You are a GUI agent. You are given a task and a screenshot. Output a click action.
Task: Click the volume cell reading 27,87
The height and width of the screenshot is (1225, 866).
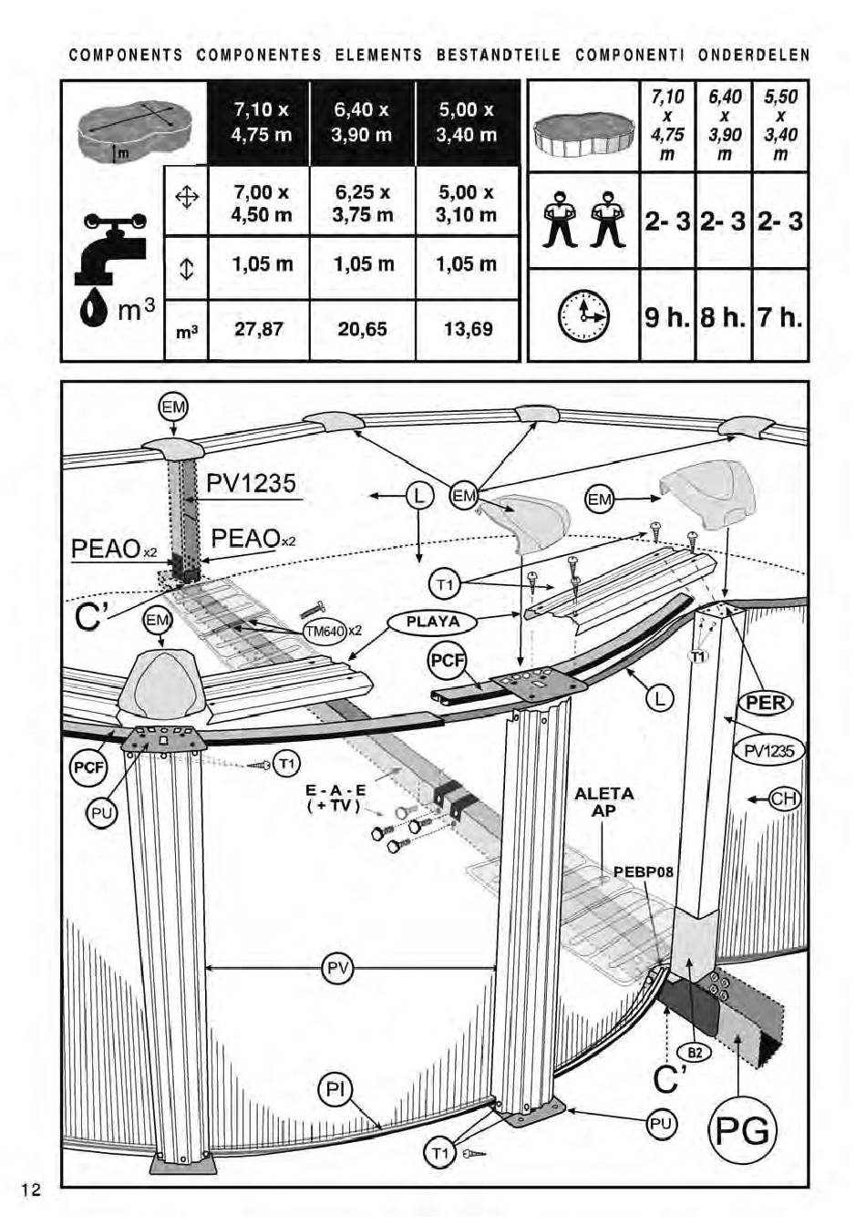pyautogui.click(x=258, y=329)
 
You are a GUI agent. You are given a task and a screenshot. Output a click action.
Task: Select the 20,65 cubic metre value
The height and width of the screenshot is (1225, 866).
pyautogui.click(x=362, y=329)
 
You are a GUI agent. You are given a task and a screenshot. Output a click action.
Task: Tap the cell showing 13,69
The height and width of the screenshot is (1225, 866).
pyautogui.click(x=468, y=329)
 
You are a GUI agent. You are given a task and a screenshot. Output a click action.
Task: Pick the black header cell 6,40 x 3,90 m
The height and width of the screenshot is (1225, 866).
pyautogui.click(x=362, y=122)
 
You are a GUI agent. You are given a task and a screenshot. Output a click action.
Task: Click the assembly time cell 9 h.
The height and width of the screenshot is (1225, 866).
pyautogui.click(x=667, y=317)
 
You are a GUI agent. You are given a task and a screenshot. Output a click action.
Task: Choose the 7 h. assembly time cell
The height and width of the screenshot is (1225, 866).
pyautogui.click(x=780, y=317)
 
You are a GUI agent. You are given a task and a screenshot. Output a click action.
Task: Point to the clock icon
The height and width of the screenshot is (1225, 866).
pyautogui.click(x=582, y=316)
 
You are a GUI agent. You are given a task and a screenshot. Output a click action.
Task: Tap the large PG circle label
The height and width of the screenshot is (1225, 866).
pyautogui.click(x=742, y=1130)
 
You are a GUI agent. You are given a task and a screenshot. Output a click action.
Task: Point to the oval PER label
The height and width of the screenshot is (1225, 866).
pyautogui.click(x=766, y=702)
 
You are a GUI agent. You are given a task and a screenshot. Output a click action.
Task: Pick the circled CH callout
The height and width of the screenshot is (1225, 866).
pyautogui.click(x=784, y=800)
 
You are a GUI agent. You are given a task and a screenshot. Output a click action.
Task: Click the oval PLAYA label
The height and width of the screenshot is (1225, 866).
pyautogui.click(x=433, y=623)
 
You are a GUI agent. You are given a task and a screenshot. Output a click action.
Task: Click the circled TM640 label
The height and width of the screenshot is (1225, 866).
pyautogui.click(x=325, y=631)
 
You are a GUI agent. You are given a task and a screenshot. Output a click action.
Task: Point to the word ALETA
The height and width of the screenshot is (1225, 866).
pyautogui.click(x=604, y=794)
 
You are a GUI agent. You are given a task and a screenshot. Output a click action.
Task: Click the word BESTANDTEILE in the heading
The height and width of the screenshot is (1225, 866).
pyautogui.click(x=499, y=56)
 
